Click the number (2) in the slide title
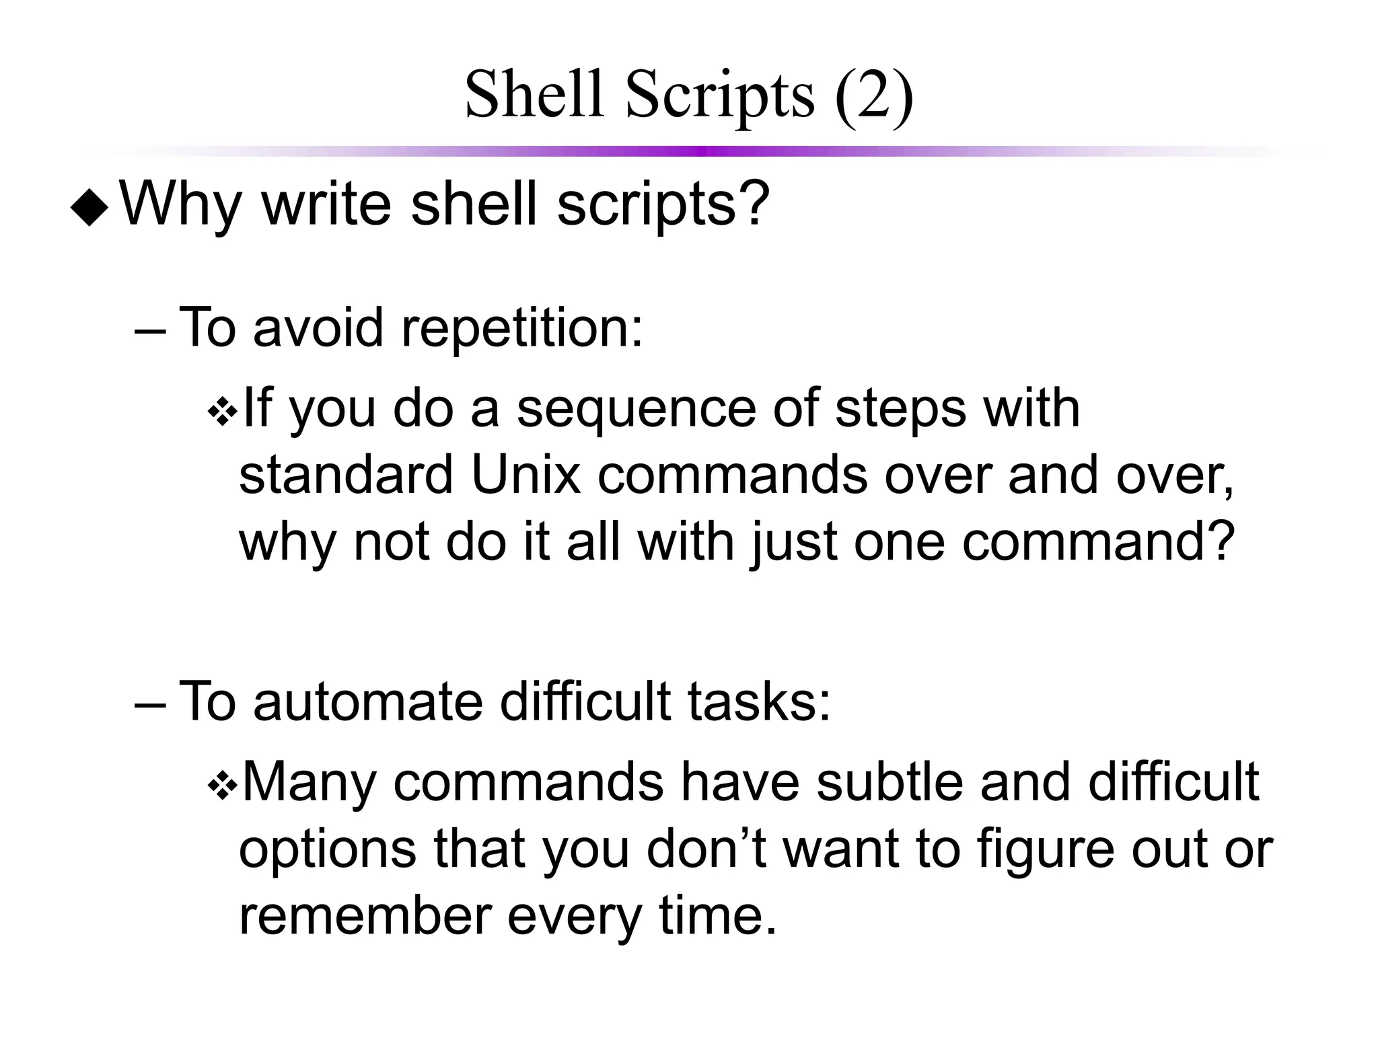(873, 96)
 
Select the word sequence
(636, 410)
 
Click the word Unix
(525, 475)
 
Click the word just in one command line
(794, 543)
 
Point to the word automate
(367, 702)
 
